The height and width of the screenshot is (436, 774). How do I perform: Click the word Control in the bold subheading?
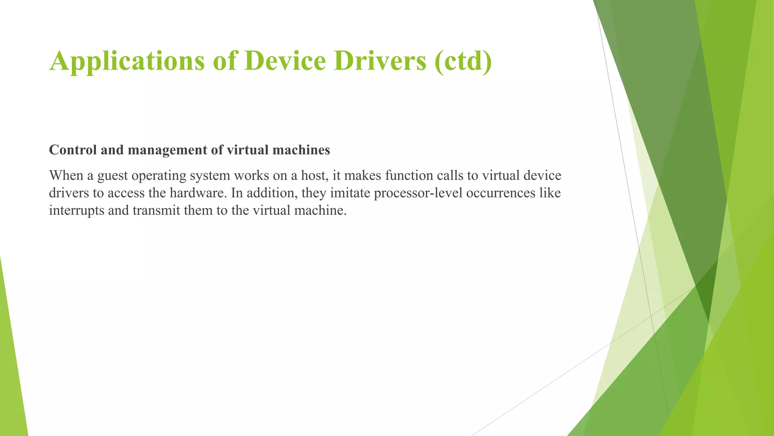click(73, 150)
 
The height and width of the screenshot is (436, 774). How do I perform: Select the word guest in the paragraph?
click(113, 176)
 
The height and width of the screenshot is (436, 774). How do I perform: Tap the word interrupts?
click(77, 210)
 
